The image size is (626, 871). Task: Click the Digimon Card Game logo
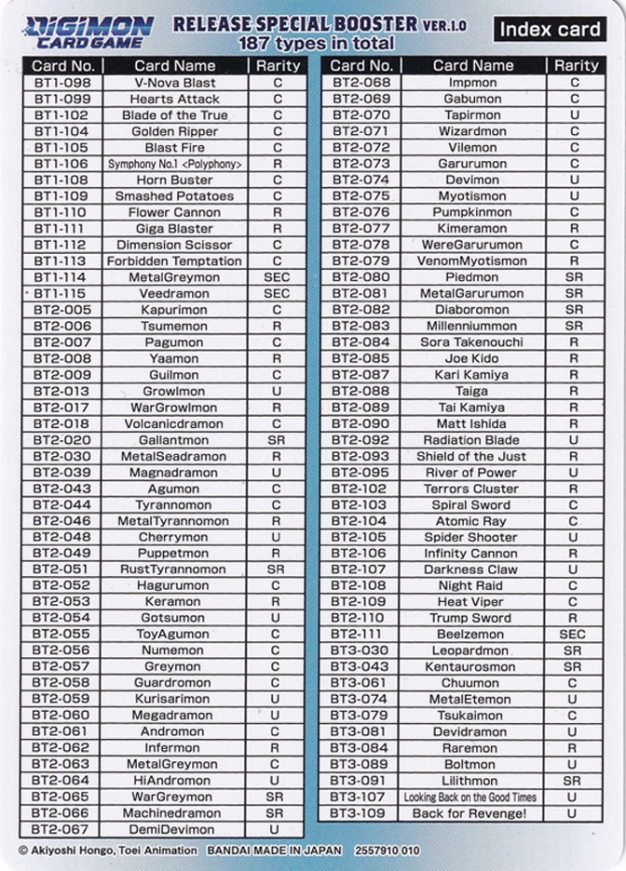(89, 31)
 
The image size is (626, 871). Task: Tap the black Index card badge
(550, 29)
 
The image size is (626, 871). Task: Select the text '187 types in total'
(316, 44)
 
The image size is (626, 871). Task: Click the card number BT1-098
(61, 83)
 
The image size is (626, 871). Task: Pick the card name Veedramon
(174, 294)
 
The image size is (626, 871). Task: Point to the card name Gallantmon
(174, 440)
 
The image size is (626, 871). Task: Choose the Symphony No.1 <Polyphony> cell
(174, 164)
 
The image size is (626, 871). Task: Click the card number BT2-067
(61, 829)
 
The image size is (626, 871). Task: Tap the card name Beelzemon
(472, 635)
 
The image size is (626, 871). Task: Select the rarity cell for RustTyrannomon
(276, 569)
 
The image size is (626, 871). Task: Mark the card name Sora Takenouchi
(472, 342)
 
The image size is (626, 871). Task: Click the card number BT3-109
(360, 813)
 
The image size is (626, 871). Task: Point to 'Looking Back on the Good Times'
(471, 797)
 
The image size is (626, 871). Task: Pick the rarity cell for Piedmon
(574, 277)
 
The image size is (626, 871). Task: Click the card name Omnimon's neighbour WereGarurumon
(472, 245)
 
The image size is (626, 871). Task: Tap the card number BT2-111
(360, 635)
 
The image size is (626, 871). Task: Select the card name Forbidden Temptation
(174, 261)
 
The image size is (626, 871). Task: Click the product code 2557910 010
(387, 851)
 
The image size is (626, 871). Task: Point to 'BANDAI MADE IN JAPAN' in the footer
(275, 851)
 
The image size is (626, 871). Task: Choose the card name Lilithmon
(472, 781)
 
